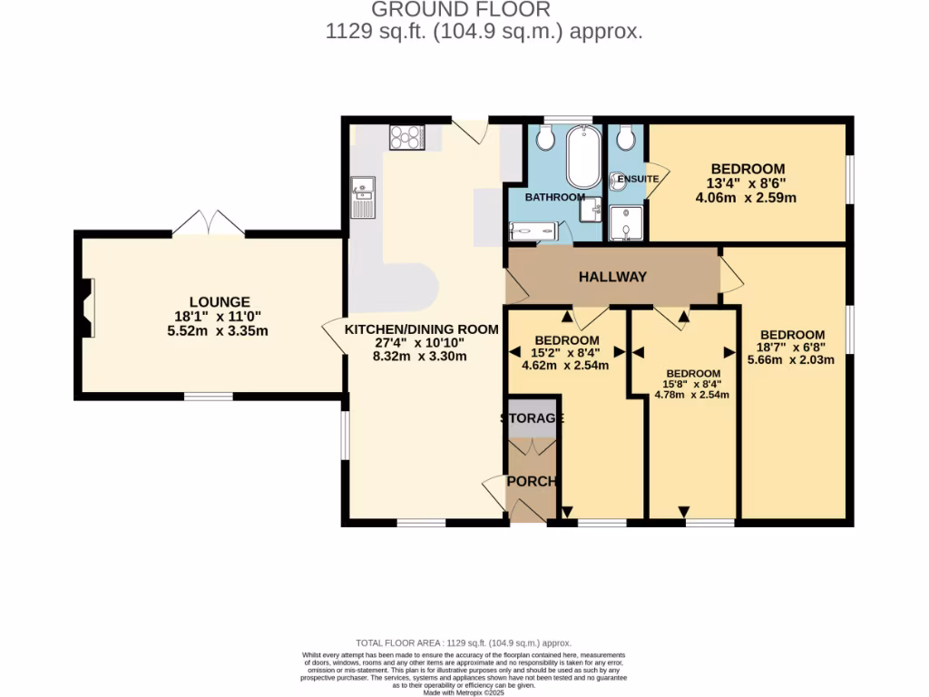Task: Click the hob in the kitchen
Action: [407, 136]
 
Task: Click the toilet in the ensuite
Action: [623, 139]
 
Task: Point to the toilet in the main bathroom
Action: [545, 138]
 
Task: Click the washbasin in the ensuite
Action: [617, 179]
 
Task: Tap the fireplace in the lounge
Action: [86, 309]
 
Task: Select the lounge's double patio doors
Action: [209, 223]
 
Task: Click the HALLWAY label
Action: [613, 276]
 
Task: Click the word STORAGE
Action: [533, 418]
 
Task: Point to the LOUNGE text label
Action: [220, 301]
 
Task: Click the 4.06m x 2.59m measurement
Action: [746, 197]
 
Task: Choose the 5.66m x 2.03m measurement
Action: [791, 358]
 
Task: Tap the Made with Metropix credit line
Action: [464, 692]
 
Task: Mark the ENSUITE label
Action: [638, 179]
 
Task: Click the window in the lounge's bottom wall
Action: [209, 396]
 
